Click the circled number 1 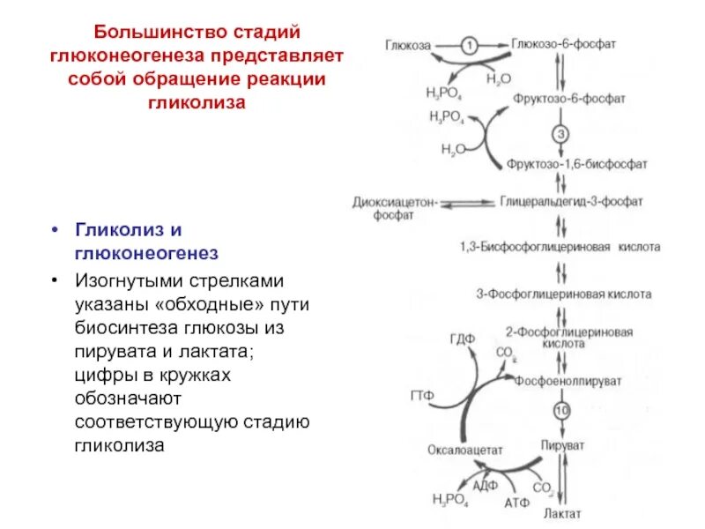[471, 43]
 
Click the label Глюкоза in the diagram [407, 43]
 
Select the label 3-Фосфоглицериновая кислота [564, 294]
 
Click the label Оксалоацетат [464, 448]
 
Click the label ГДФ [461, 338]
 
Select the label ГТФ [422, 395]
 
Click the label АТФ [516, 503]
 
